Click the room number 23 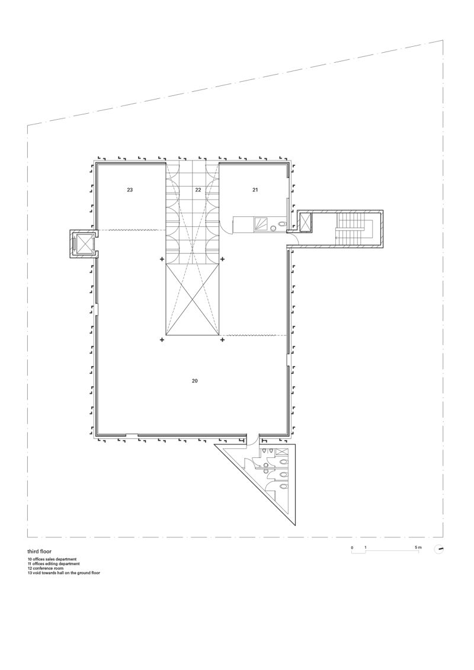click(x=130, y=190)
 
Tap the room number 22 click(x=198, y=190)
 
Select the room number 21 click(x=255, y=190)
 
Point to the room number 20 click(x=194, y=380)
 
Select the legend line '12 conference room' click(x=47, y=568)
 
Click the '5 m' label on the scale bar click(x=418, y=547)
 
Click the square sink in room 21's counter click(x=261, y=223)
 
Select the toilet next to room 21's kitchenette click(x=281, y=223)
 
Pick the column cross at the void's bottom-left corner click(x=162, y=340)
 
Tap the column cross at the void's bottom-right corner click(x=222, y=340)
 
